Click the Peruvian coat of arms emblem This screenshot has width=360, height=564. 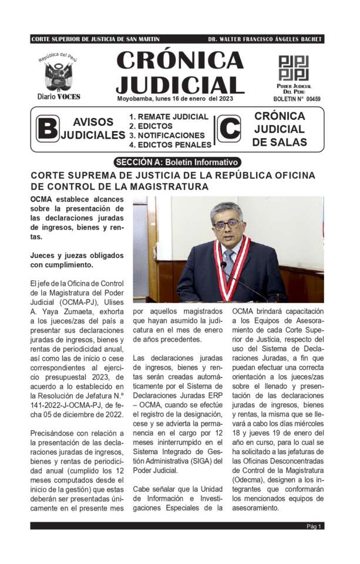pos(58,76)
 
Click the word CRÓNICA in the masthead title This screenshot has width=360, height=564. pos(180,60)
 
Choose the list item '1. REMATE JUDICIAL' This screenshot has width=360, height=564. pos(169,117)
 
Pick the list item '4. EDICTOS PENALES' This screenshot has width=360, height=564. pos(170,145)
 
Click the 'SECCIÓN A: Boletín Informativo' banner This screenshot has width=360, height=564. pos(178,162)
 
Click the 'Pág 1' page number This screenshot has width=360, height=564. pos(314,526)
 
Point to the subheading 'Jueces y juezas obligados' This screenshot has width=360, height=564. pos(77,256)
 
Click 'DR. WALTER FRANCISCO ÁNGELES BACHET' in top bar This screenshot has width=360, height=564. pos(265,39)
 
